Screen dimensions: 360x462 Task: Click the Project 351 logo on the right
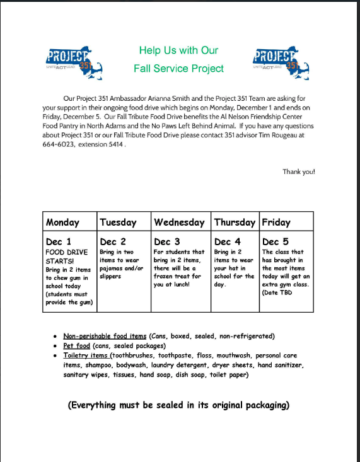[279, 60]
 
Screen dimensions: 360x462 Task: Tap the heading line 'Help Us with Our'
[178, 50]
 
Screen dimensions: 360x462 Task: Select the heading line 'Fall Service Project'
[178, 68]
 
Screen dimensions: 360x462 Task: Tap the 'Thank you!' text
[298, 171]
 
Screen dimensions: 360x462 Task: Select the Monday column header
[62, 222]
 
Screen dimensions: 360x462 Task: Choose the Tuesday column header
[118, 222]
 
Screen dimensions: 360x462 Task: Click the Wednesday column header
[179, 222]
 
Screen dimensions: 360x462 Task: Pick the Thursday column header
[235, 222]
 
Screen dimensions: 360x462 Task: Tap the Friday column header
[276, 222]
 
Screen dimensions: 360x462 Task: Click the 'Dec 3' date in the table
[167, 241]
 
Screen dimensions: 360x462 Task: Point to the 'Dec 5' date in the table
[275, 241]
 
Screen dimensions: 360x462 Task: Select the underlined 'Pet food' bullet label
[77, 346]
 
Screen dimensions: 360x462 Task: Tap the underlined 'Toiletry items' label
[86, 355]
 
